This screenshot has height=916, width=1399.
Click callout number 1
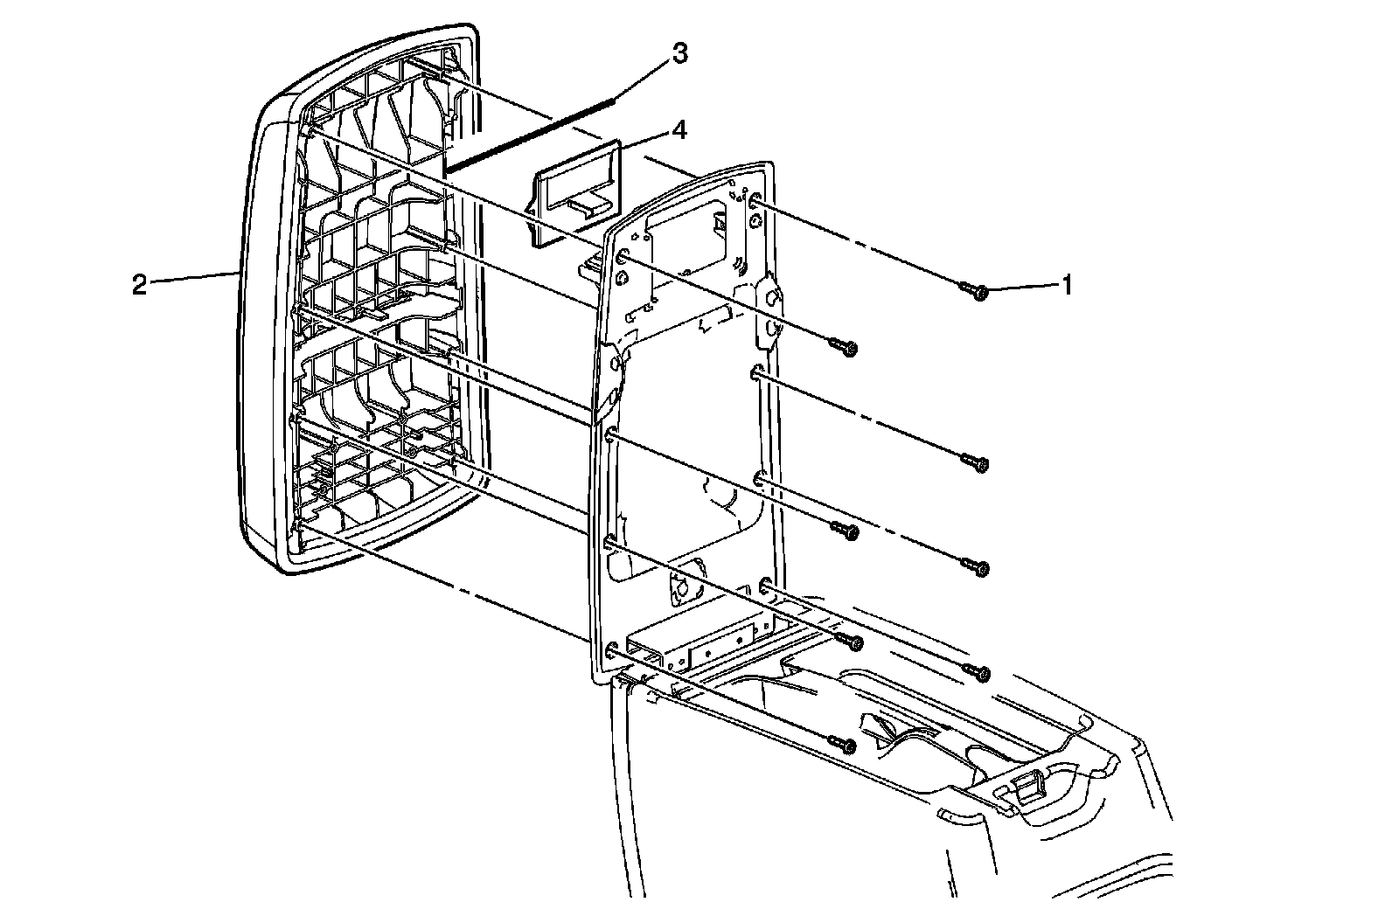tap(1066, 284)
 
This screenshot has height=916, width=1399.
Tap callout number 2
tap(139, 285)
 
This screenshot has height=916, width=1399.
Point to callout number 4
tap(679, 131)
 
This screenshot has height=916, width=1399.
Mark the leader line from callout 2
tap(192, 279)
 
